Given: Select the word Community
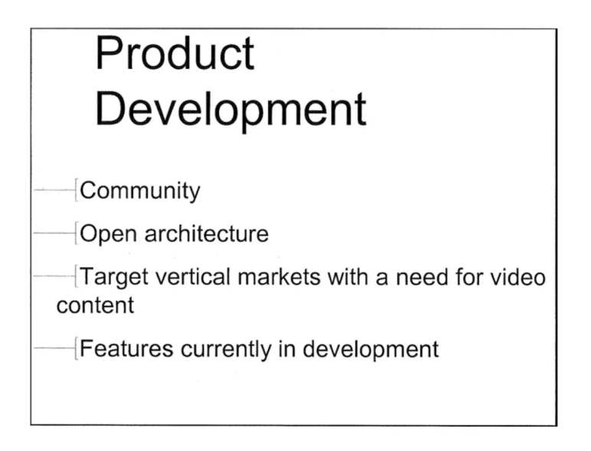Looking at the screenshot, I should [140, 191].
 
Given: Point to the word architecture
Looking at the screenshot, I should [204, 234].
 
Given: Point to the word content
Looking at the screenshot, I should [95, 305].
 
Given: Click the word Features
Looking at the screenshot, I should [126, 349].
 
